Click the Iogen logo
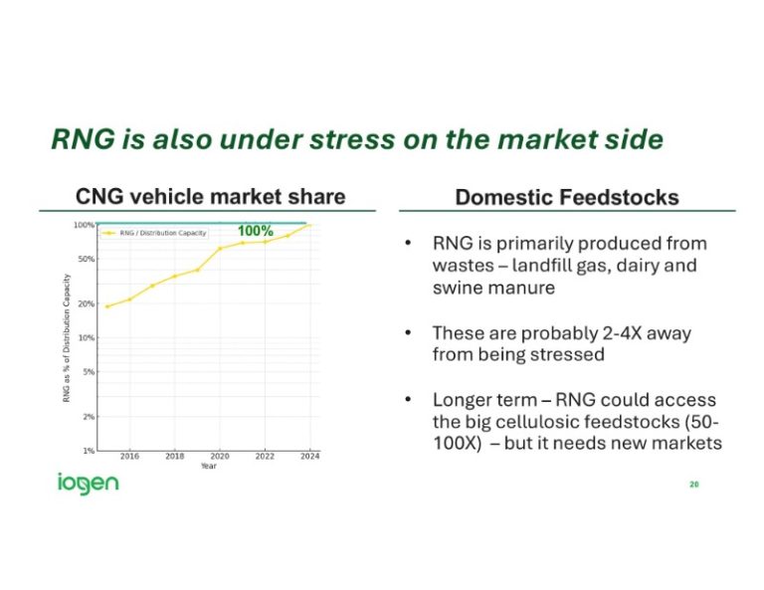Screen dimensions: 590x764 87,485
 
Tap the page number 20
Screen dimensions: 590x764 693,485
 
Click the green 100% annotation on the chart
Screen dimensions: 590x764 255,231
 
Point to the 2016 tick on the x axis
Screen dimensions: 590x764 129,457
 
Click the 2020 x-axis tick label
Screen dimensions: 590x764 220,457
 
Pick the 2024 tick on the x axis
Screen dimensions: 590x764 309,457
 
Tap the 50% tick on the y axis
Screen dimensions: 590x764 86,259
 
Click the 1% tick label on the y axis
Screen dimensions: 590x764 89,451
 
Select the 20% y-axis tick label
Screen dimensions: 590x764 86,303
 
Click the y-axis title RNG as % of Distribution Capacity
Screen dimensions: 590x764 67,338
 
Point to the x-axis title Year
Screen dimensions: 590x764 208,466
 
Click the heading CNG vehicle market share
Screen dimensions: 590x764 211,196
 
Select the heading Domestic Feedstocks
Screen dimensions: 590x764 567,197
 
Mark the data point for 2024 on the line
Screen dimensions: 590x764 309,225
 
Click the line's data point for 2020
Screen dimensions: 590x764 220,249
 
